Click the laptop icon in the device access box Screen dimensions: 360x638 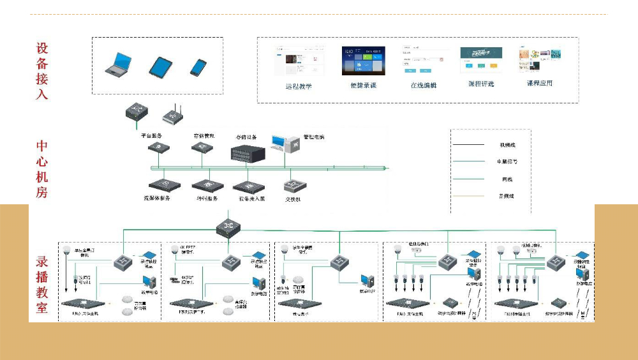(x=119, y=65)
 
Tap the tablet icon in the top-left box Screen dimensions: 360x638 (x=161, y=66)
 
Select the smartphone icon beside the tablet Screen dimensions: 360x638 (x=198, y=67)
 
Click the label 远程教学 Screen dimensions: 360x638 (x=299, y=86)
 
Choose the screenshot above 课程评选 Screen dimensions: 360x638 (x=480, y=60)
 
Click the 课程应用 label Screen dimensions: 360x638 (x=539, y=83)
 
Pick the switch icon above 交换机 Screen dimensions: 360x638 (x=294, y=185)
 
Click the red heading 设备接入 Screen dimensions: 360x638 (x=42, y=71)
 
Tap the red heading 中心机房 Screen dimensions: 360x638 (x=42, y=169)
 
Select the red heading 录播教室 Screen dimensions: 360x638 (x=42, y=285)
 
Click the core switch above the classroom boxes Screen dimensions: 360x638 (x=226, y=226)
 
